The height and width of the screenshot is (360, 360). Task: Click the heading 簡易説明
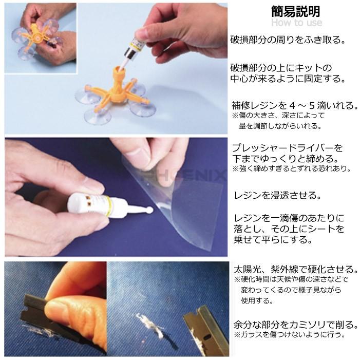tap(295, 11)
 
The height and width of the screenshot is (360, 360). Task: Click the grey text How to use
tap(297, 23)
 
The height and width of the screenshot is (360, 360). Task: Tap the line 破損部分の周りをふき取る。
tap(288, 40)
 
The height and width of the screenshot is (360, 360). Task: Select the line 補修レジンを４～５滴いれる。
tap(295, 106)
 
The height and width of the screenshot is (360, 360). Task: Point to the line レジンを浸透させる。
tap(277, 195)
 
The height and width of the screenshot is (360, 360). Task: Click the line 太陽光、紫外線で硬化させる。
tap(295, 269)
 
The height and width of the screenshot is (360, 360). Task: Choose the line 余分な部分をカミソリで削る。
tap(295, 325)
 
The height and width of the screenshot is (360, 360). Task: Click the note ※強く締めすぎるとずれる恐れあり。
tap(291, 169)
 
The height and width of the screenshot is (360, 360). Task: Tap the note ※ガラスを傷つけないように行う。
tap(289, 334)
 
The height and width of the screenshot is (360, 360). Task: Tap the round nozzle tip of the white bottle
tap(149, 210)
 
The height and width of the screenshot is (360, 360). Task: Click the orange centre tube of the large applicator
tap(119, 79)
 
